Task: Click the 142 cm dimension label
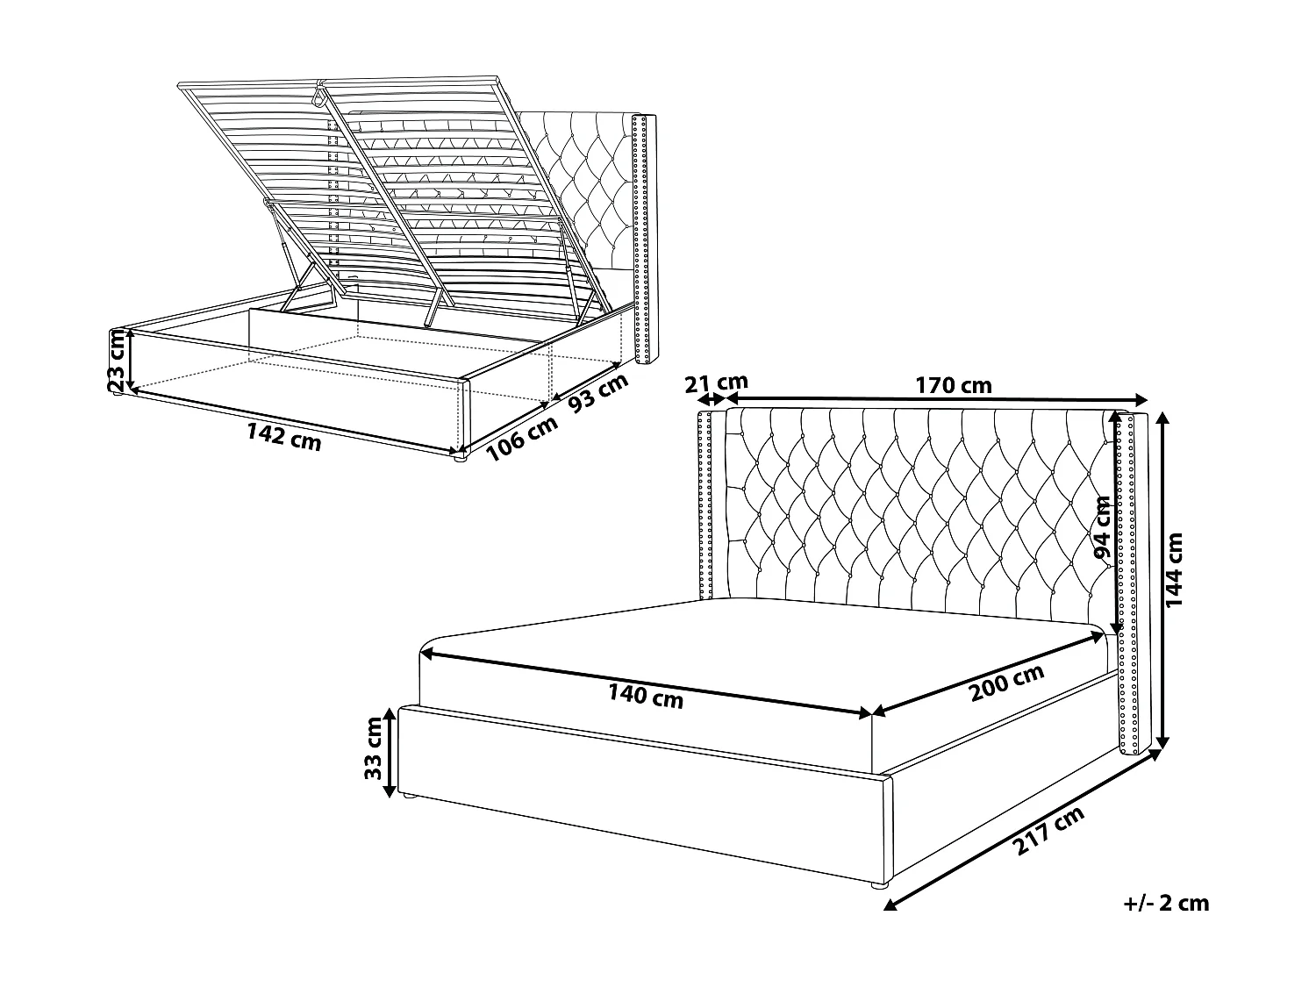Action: [x=283, y=436]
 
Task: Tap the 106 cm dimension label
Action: [x=522, y=437]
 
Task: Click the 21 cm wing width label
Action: [x=716, y=383]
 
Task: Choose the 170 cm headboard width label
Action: [x=953, y=385]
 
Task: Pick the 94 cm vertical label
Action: [x=1102, y=527]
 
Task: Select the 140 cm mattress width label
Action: [x=646, y=696]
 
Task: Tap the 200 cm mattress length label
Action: [x=1007, y=683]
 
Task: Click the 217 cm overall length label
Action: [x=1049, y=830]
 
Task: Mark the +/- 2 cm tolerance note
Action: [x=1166, y=903]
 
